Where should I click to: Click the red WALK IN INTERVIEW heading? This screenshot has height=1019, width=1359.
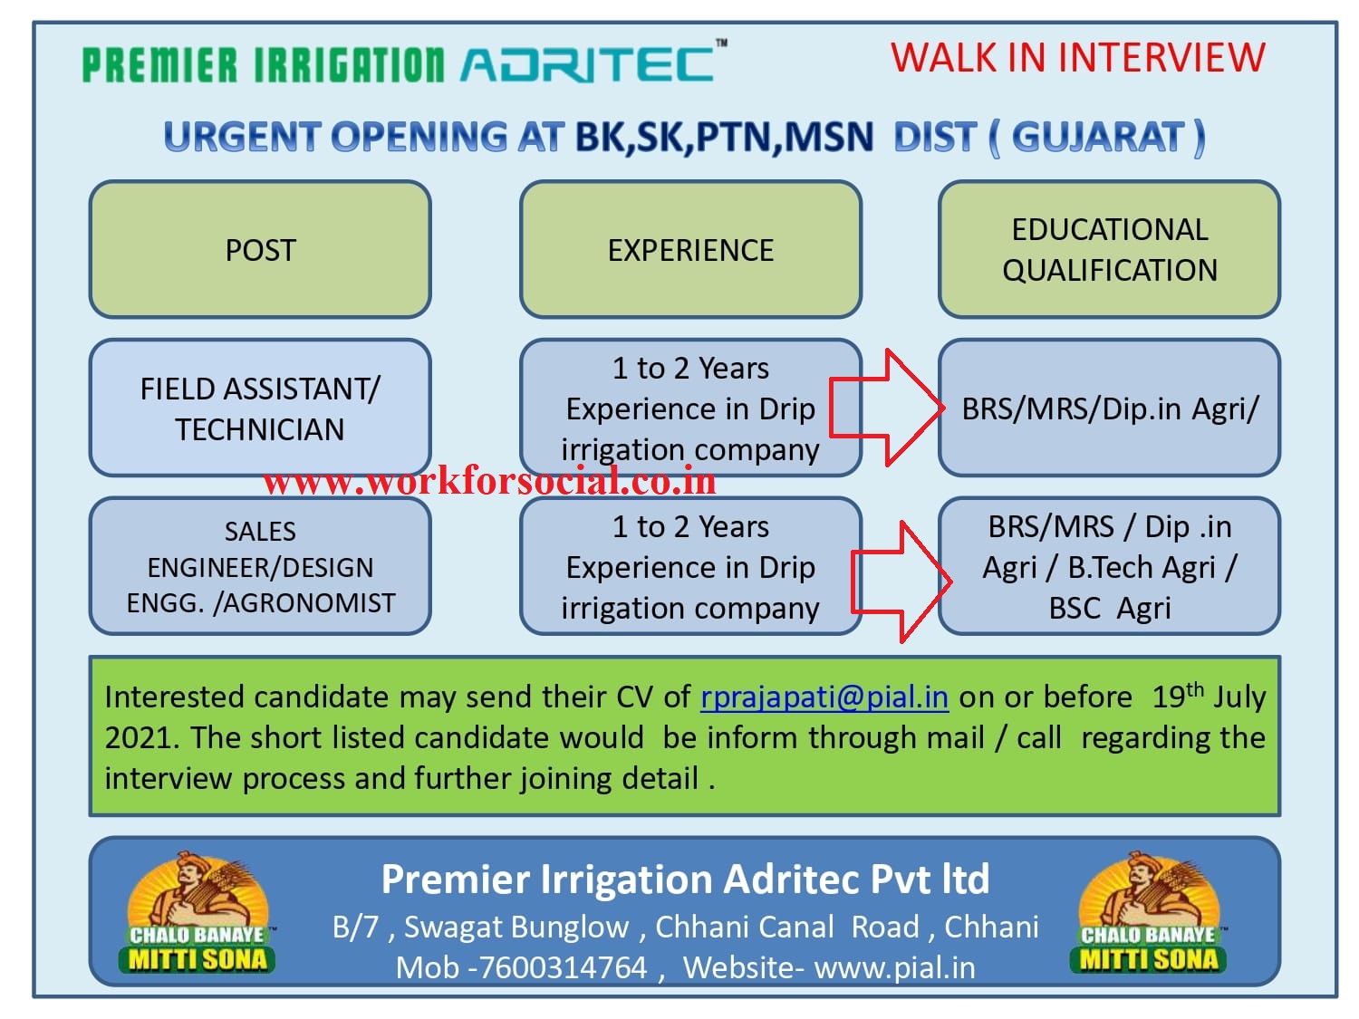[x=1077, y=58]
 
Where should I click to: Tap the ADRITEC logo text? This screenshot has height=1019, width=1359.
[x=590, y=64]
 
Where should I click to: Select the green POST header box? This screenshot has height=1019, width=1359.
[x=260, y=250]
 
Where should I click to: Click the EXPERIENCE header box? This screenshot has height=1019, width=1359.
[x=690, y=250]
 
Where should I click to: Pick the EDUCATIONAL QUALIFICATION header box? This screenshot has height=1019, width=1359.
[x=1109, y=250]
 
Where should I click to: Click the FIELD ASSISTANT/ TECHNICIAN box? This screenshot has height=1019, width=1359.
[x=260, y=408]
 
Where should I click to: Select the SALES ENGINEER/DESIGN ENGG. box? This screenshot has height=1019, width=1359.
[x=260, y=566]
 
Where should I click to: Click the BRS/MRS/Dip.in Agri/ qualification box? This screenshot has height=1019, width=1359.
[x=1109, y=409]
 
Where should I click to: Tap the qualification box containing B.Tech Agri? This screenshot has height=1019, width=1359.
[x=1109, y=567]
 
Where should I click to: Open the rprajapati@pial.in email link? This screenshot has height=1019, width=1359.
[x=824, y=697]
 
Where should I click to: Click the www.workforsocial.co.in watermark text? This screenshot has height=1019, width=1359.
[x=489, y=481]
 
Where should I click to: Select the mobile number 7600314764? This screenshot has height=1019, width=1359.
[x=562, y=967]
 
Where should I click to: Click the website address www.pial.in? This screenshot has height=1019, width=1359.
[x=894, y=967]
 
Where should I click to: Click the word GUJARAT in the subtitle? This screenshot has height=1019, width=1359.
[x=1098, y=138]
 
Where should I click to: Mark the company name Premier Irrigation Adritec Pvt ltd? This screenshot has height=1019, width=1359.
[x=685, y=879]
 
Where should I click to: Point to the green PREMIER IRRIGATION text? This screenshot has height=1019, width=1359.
[x=263, y=66]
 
